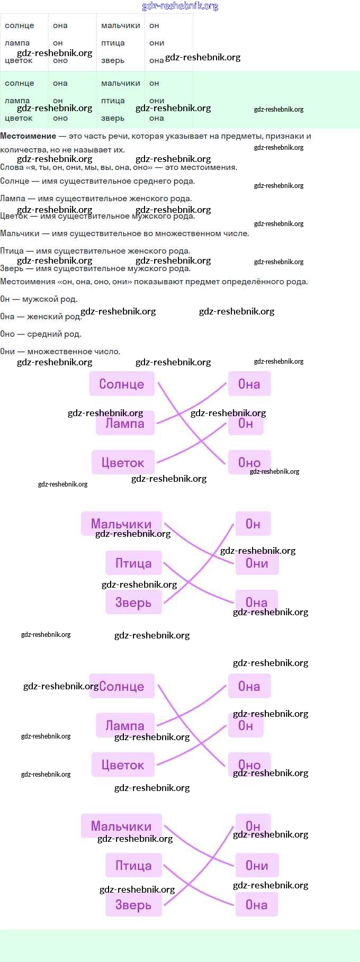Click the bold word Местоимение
28,136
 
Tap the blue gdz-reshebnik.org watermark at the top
180,6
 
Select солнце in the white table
19,25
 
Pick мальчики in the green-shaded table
121,83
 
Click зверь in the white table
113,60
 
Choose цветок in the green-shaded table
19,118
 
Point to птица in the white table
113,43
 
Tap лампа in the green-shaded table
17,101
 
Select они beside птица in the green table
157,101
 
